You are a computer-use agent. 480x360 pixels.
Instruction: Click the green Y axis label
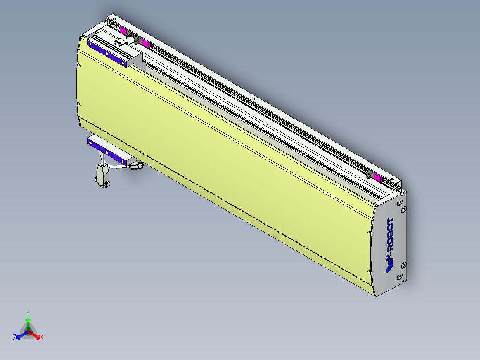click(28, 313)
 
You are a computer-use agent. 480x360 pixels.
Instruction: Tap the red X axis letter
click(42, 338)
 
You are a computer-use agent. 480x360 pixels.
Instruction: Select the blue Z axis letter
click(15, 338)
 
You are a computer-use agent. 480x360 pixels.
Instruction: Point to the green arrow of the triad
click(28, 323)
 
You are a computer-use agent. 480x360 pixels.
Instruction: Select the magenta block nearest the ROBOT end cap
click(378, 179)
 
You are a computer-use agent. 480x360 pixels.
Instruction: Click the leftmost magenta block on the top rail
click(123, 30)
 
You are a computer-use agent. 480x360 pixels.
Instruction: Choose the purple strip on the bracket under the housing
click(107, 151)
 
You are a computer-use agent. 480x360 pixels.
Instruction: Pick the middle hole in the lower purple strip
click(107, 151)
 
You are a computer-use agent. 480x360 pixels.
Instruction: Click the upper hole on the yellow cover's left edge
click(79, 65)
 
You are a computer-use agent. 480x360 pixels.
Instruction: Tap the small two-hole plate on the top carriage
click(119, 43)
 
